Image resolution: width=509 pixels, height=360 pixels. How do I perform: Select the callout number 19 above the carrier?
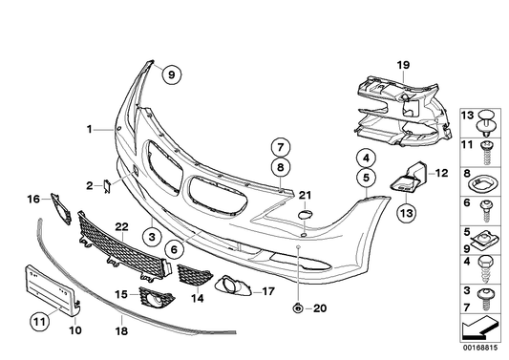coord(403,65)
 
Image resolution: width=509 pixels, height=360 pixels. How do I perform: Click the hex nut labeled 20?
coord(297,307)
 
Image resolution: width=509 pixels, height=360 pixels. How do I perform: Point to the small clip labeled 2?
coord(108,185)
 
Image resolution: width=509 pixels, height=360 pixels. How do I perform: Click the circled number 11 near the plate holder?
coord(37,322)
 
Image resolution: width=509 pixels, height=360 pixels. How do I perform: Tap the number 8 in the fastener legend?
coord(468,175)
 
